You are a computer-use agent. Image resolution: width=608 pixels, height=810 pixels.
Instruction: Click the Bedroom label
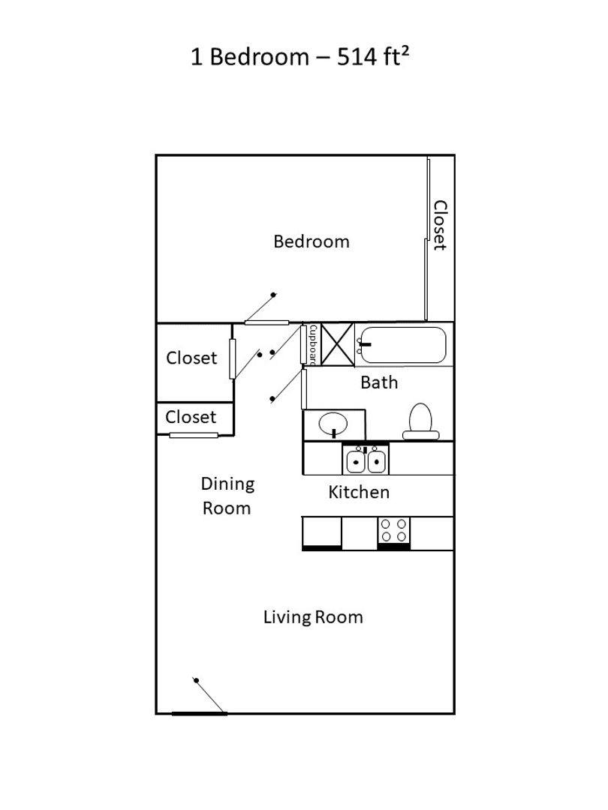click(x=311, y=241)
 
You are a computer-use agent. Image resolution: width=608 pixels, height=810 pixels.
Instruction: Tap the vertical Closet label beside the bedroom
click(x=440, y=225)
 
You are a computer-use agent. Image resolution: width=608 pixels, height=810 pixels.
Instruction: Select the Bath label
click(x=379, y=382)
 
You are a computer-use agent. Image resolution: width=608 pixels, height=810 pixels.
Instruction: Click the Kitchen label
click(x=359, y=492)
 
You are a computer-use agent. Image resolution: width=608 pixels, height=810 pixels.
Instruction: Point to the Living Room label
click(x=313, y=617)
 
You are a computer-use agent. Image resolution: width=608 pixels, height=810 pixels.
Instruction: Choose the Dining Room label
click(x=227, y=496)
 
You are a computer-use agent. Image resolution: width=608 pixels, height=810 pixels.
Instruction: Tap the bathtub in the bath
click(x=401, y=345)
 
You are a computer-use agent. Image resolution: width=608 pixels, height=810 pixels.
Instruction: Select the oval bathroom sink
click(x=333, y=424)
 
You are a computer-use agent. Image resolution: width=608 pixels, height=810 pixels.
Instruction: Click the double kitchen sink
click(x=366, y=459)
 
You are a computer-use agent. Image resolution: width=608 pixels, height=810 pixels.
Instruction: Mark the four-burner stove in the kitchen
click(x=393, y=531)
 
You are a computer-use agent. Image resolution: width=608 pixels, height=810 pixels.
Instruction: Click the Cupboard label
click(x=312, y=344)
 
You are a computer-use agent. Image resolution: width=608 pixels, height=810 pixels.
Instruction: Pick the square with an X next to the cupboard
click(x=337, y=344)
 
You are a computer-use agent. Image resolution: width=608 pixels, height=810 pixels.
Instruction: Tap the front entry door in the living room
click(x=200, y=712)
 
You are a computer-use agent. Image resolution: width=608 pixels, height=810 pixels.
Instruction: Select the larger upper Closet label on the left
click(x=191, y=358)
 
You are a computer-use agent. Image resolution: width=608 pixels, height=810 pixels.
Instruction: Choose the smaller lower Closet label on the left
click(x=191, y=417)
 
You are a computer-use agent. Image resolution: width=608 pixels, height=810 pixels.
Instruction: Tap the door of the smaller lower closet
click(x=194, y=435)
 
